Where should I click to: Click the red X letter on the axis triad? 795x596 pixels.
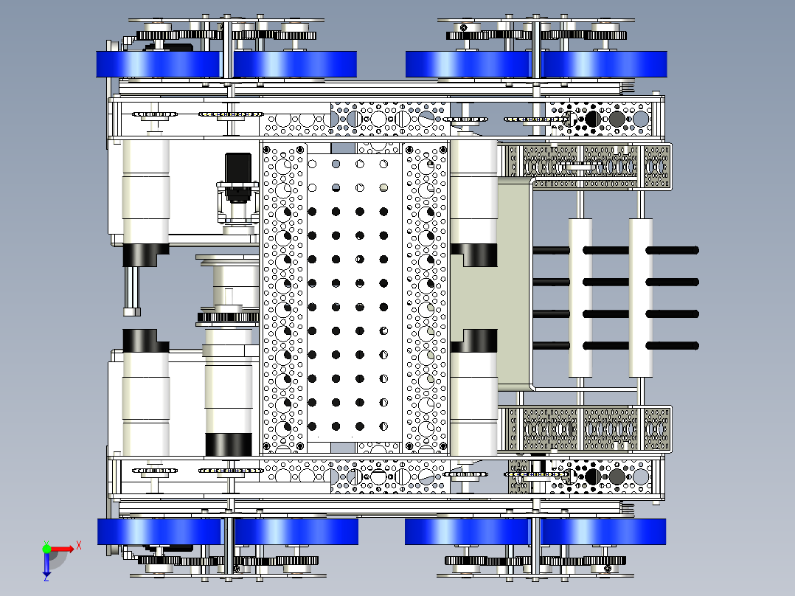(x=79, y=545)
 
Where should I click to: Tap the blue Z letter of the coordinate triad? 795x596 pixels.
(x=46, y=576)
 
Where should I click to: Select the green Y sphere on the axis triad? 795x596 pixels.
(x=46, y=548)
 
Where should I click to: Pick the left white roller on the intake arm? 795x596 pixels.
(x=580, y=298)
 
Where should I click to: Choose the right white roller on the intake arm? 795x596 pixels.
(x=640, y=298)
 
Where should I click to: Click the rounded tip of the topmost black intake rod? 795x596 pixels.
(x=695, y=250)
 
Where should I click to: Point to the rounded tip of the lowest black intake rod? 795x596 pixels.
(x=695, y=346)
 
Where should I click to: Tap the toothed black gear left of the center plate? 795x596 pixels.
(x=228, y=317)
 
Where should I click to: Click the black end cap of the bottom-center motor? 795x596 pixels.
(x=228, y=444)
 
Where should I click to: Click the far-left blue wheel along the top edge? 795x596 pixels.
(x=158, y=64)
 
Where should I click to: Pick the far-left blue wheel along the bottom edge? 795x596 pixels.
(x=159, y=532)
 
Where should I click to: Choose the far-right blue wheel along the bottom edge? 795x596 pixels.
(x=603, y=532)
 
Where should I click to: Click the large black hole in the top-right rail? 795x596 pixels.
(x=593, y=119)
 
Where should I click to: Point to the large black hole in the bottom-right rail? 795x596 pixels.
(x=593, y=477)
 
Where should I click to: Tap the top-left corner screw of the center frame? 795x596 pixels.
(x=267, y=150)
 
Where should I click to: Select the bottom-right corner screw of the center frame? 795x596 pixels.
(x=443, y=446)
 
